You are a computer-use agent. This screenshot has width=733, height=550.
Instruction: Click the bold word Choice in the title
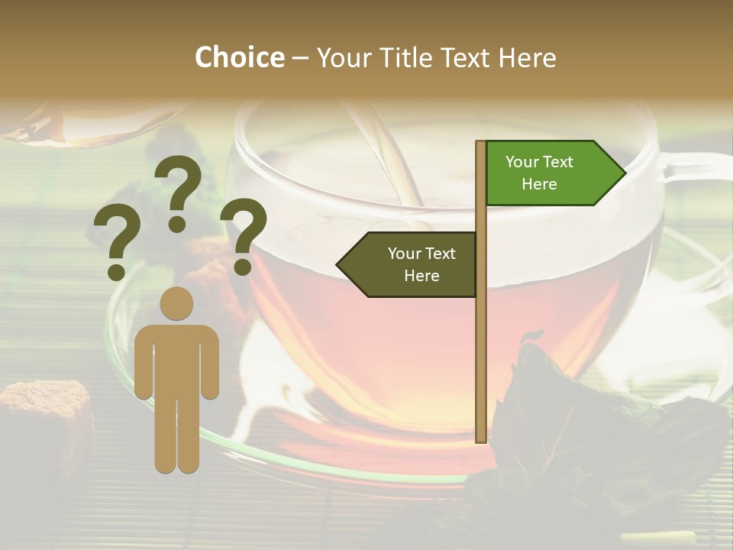tap(239, 57)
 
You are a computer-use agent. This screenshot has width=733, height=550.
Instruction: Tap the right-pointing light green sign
tap(554, 173)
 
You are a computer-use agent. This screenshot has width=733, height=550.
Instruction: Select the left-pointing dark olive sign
tap(408, 264)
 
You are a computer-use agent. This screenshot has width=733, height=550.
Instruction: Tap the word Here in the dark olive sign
tap(421, 276)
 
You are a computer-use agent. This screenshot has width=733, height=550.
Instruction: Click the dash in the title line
tap(300, 59)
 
